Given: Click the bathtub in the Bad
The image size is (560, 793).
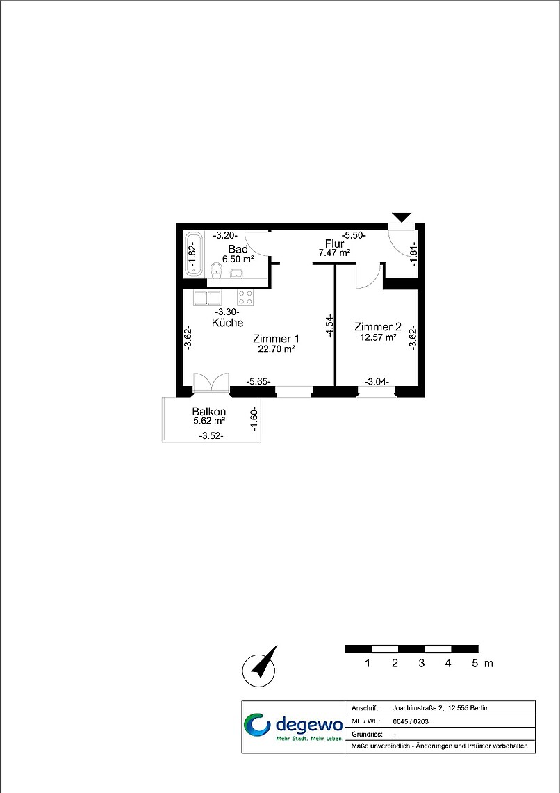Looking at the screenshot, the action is (193, 254).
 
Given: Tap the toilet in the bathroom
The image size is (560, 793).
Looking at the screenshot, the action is (217, 269).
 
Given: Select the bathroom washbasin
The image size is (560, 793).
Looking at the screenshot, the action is (236, 273).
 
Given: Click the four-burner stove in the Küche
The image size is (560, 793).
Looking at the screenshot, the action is (245, 298).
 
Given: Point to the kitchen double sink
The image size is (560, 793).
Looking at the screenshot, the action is (208, 298).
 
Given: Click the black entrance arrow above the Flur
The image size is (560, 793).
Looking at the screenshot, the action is (402, 217).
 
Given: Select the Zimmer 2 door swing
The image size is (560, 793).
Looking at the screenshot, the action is (368, 275).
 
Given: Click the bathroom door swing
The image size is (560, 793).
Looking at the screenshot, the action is (256, 243).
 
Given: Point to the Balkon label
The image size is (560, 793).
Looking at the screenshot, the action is (209, 411).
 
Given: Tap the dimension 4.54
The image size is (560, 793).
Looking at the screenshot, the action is (329, 324).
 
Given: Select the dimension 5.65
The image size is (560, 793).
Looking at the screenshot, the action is (258, 381).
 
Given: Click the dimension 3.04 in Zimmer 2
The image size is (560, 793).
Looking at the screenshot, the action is (377, 383).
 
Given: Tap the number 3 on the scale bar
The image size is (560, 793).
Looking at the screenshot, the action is (422, 664).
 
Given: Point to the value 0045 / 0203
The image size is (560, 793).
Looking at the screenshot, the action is (404, 721).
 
